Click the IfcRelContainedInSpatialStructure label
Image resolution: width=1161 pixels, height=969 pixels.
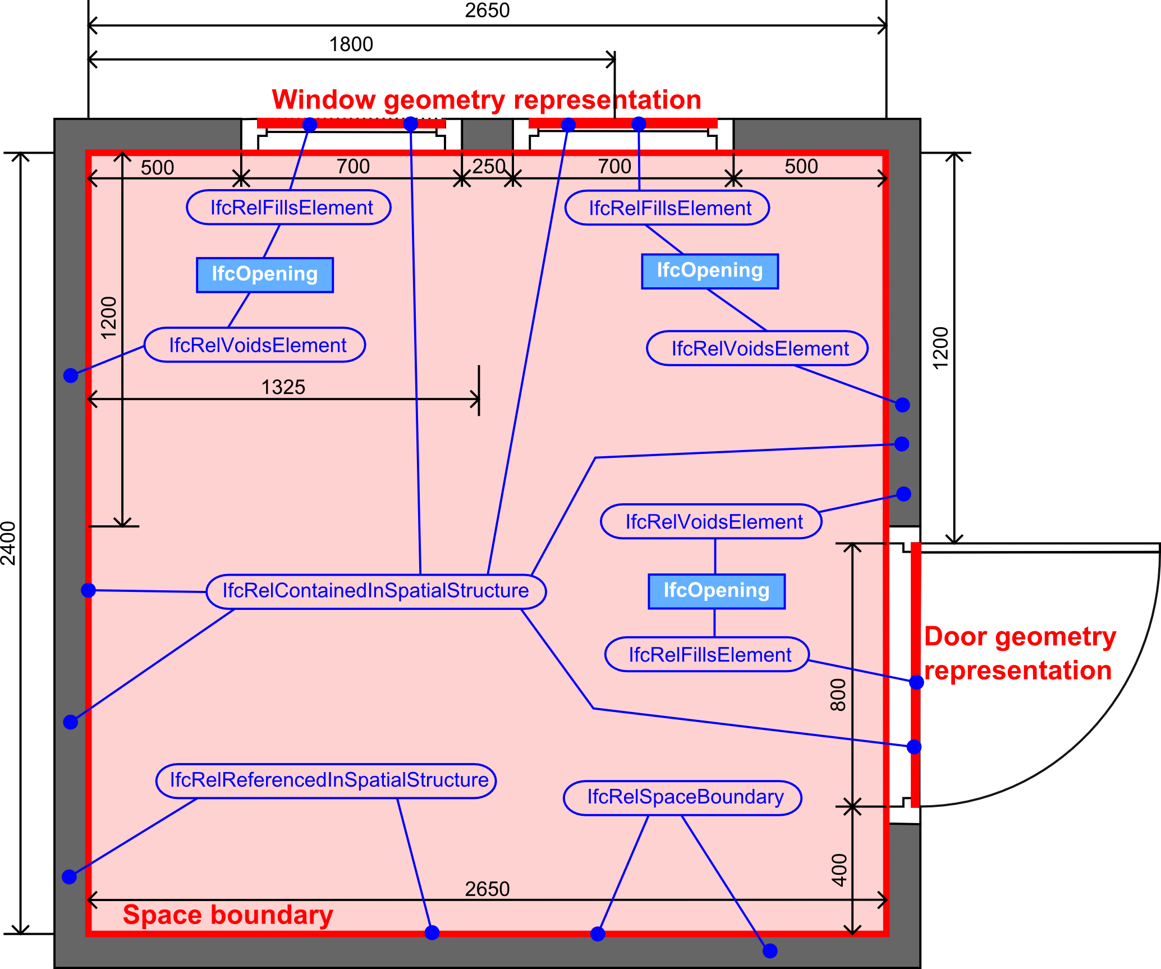[x=376, y=591]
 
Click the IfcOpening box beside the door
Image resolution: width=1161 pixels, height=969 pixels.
[x=716, y=591]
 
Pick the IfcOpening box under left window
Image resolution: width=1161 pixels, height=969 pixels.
[x=265, y=274]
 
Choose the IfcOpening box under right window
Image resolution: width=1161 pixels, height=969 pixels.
[x=710, y=271]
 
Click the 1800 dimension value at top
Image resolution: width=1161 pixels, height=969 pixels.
[x=351, y=44]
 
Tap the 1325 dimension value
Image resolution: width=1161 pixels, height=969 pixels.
[x=283, y=388]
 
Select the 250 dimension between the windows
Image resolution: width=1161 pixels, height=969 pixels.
[x=488, y=167]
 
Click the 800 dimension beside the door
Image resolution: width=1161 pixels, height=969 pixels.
[x=838, y=695]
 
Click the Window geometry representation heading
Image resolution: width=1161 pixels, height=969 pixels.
[x=486, y=100]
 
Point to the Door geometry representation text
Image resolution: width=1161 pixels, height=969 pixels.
[x=1018, y=654]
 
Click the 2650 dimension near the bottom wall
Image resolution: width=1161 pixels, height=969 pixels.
[x=487, y=888]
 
